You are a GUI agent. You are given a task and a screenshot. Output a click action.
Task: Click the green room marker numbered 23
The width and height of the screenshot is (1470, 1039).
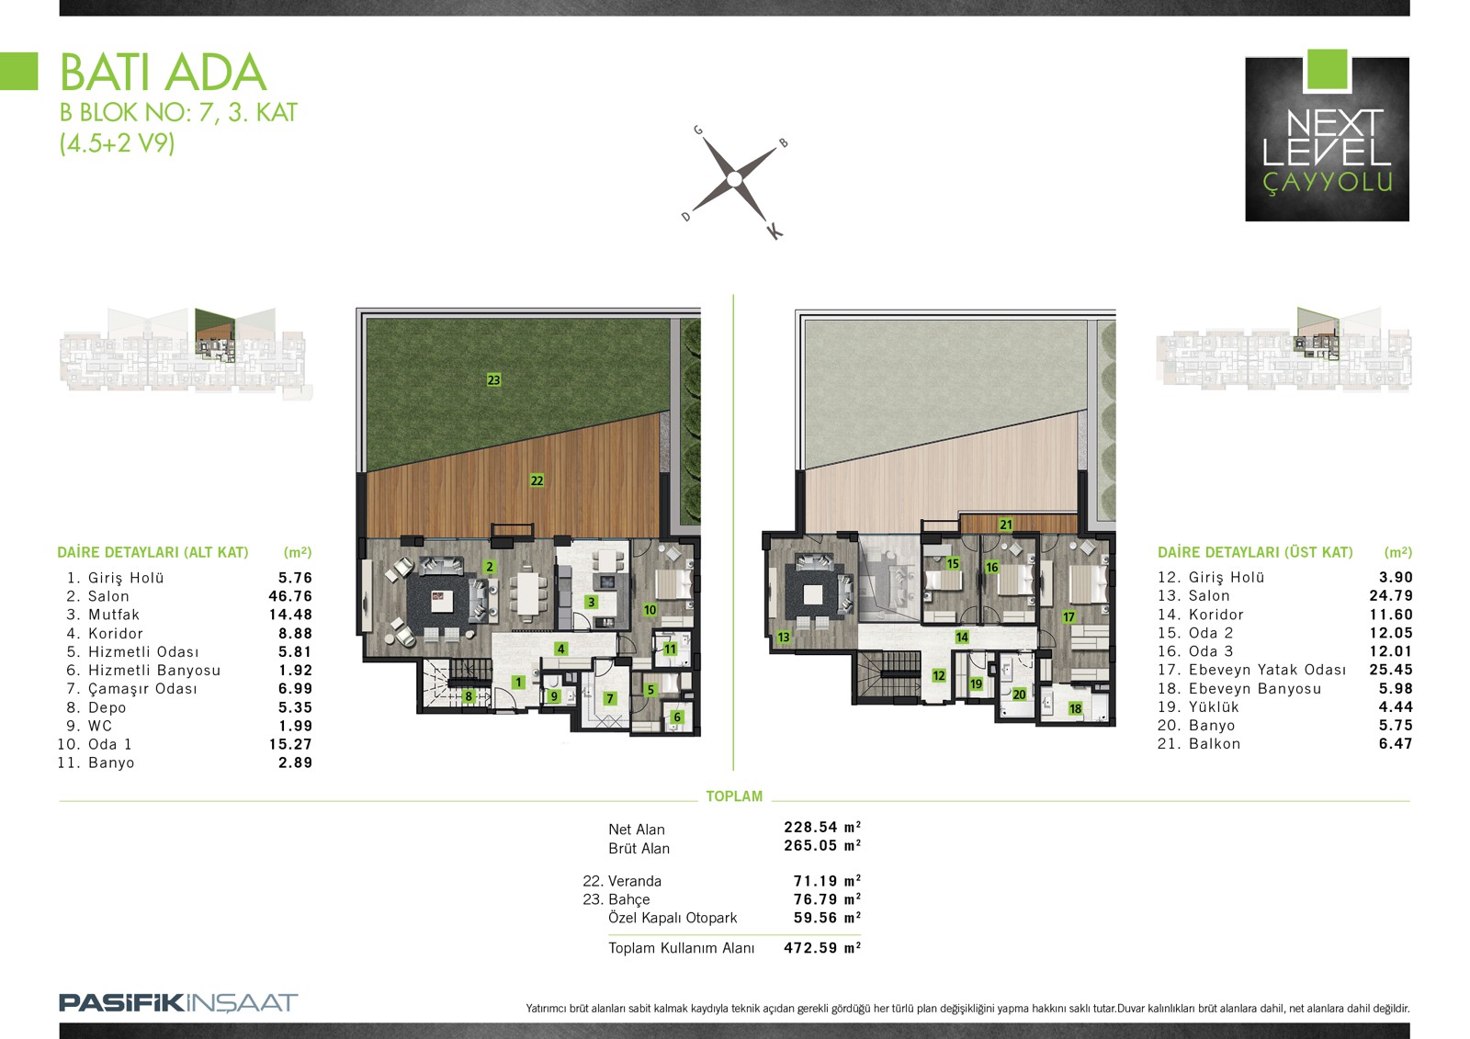pos(493,379)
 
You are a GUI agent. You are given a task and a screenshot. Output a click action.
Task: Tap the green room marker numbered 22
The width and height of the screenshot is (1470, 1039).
pos(537,480)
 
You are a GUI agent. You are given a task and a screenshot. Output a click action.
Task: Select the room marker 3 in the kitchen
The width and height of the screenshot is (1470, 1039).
pos(591,602)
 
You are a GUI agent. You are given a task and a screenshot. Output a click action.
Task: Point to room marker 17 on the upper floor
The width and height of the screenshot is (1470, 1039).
pos(1069,616)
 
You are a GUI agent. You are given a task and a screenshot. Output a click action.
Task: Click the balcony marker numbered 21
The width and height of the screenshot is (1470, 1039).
pos(1005,525)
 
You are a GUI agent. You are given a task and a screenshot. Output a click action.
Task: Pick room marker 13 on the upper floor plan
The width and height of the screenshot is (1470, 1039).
pos(783,637)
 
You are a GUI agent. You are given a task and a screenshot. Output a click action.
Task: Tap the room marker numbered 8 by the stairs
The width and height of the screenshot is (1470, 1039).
pos(468,696)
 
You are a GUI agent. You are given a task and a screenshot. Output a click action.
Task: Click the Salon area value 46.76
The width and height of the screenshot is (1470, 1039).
pos(290,596)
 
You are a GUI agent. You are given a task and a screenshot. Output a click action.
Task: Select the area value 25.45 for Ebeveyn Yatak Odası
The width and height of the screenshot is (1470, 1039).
pos(1391,670)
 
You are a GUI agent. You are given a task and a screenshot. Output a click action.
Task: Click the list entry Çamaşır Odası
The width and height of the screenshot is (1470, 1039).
pos(142,688)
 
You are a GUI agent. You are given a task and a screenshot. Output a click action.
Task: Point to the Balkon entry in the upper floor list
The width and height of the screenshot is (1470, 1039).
pos(1214,743)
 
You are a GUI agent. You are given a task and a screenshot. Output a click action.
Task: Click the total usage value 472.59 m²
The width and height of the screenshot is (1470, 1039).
pos(821,948)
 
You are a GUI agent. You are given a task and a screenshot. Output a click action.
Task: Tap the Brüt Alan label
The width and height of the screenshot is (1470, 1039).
pos(639,848)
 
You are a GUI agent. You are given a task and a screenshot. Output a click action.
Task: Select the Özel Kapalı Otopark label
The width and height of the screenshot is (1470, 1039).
pos(673,918)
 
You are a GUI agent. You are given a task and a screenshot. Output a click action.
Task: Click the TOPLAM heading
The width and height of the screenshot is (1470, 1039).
pos(734,796)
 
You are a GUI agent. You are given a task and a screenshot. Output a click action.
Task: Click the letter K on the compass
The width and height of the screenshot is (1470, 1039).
pos(775,231)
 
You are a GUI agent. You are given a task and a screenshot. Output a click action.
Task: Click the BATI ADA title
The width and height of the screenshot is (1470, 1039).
pos(164,73)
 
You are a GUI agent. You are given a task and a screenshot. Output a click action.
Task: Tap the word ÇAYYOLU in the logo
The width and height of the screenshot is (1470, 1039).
pos(1328,183)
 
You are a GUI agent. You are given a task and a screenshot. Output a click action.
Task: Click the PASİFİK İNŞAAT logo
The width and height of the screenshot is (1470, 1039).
pos(178,1003)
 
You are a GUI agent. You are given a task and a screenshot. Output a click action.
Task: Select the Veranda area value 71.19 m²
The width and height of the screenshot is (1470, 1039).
pos(827,881)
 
